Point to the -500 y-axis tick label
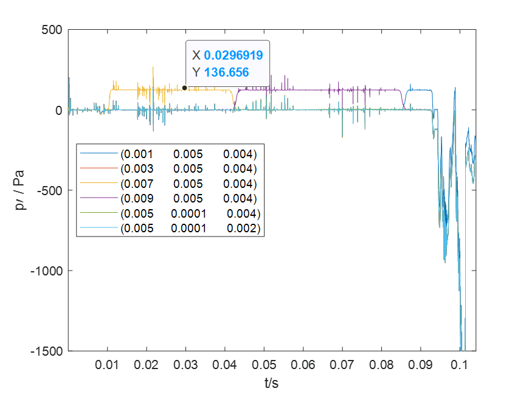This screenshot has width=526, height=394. coord(48,190)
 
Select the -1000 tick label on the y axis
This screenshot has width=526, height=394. coord(45,271)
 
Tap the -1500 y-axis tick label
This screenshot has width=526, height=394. coord(45,351)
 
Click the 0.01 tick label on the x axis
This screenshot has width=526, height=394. coord(108,365)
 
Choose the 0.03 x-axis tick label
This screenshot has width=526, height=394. coord(185,365)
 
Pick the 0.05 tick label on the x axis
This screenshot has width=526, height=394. coord(264,365)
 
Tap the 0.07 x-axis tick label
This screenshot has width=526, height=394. coord(342,365)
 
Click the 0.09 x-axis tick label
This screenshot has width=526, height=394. coord(421,365)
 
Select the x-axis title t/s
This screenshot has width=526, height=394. coord(271,383)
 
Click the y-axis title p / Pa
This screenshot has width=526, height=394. coord(21,191)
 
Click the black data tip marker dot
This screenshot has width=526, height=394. coord(185,88)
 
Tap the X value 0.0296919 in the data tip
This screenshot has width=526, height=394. coord(234,55)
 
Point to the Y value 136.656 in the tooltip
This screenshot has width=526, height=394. coord(226,72)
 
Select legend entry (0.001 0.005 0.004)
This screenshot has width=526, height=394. coord(189,153)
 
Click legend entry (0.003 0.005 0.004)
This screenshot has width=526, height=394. coord(189,168)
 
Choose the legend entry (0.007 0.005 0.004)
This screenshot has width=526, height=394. coord(189,184)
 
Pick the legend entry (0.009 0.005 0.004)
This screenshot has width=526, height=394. coord(189,199)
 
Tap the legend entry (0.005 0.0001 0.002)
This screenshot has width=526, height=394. coord(190,229)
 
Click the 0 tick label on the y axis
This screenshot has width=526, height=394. coord(59,110)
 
